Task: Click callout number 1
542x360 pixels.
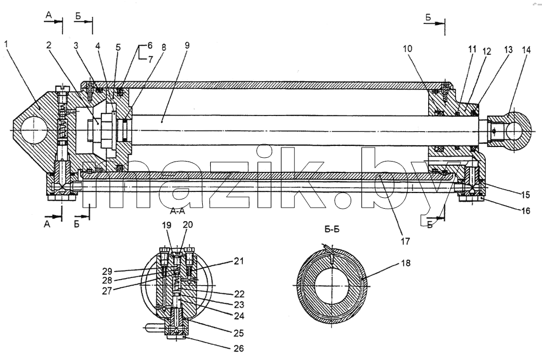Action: coord(6,44)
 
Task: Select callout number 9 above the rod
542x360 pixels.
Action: coord(187,46)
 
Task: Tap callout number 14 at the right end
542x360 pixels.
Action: coord(526,50)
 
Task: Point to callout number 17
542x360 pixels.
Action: coord(405,241)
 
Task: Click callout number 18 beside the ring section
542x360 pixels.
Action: coord(406,263)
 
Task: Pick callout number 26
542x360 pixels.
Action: coord(239,348)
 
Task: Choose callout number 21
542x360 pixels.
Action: coord(239,261)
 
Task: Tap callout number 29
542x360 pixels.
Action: coord(107,271)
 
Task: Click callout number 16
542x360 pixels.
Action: coord(525,210)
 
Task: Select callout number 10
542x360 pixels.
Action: coord(408,49)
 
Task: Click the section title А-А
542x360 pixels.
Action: coord(177,211)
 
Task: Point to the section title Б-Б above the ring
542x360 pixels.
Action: coord(332,230)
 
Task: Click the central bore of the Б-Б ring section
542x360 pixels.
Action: coord(331,285)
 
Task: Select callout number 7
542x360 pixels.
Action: coord(150,60)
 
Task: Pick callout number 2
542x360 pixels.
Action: coord(49,45)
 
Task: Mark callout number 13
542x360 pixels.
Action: coord(508,50)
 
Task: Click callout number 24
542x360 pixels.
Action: coord(239,316)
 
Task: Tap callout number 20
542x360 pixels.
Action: coord(188,225)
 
